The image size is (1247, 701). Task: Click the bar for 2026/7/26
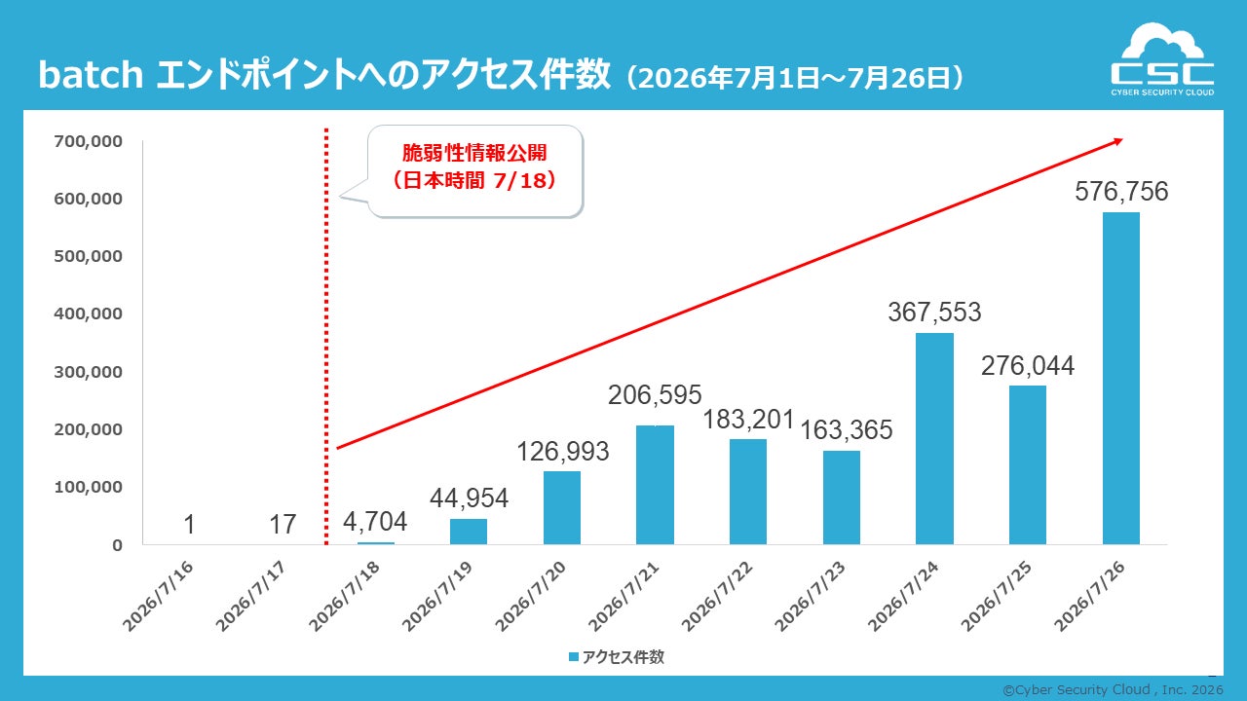tap(1120, 379)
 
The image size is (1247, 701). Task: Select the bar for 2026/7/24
tap(934, 438)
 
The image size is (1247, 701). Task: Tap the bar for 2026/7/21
tap(655, 485)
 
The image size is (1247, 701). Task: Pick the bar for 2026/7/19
tap(469, 532)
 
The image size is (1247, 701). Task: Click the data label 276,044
tap(1027, 365)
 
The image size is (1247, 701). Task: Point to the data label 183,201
tap(748, 420)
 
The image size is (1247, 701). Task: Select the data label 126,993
tap(563, 451)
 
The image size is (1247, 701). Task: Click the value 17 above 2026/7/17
tap(283, 524)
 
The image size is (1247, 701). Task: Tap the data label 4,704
tap(375, 522)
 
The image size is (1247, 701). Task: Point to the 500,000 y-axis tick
tap(88, 256)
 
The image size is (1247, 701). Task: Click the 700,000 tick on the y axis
tap(88, 141)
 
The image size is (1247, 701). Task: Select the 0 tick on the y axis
tap(117, 545)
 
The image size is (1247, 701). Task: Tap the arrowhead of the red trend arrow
tap(1117, 142)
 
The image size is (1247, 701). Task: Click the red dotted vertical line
tap(326, 337)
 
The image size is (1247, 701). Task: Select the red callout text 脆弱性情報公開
tap(474, 153)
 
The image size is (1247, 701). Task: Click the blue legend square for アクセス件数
tap(574, 657)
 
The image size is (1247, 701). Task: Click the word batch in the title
tap(91, 75)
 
